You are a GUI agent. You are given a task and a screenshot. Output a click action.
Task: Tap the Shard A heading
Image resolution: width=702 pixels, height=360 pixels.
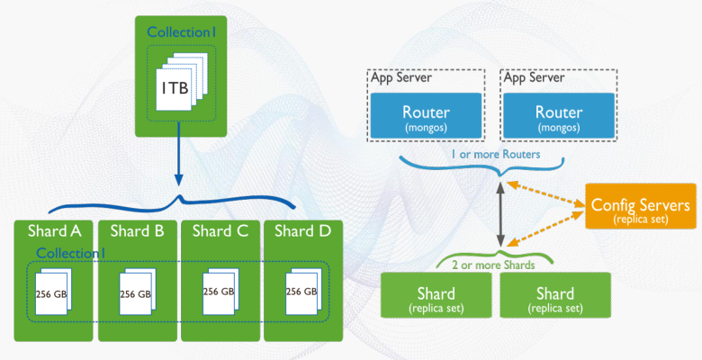(54, 230)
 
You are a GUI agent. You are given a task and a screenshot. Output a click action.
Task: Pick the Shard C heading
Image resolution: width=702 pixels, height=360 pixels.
(220, 230)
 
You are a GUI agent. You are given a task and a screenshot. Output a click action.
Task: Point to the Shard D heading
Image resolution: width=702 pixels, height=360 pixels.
(301, 230)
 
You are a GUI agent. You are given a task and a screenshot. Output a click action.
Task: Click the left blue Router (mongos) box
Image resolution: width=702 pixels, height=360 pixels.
(427, 117)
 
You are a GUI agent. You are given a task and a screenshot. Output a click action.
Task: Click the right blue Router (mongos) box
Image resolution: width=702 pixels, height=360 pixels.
(559, 117)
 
